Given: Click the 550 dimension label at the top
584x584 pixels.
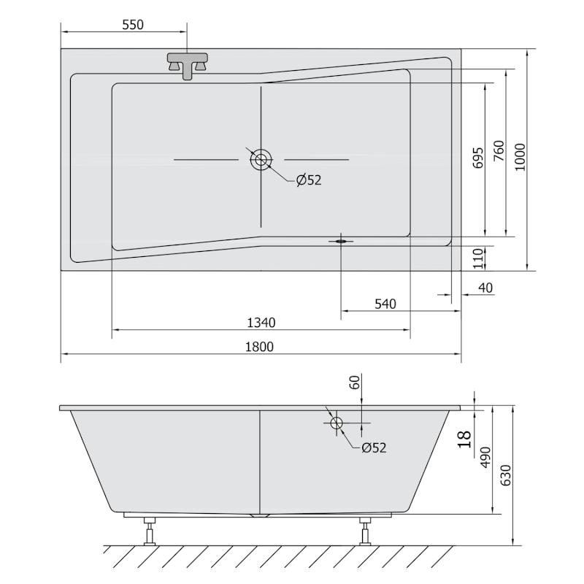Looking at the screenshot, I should point(131,24).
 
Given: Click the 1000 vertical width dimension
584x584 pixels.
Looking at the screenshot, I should point(519,156).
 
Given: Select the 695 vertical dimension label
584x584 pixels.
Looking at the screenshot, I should point(478,158).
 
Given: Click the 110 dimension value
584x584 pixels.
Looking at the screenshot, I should point(478,258).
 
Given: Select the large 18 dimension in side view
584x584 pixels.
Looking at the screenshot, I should point(464,438).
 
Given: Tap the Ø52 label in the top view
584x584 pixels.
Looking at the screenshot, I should point(308,180).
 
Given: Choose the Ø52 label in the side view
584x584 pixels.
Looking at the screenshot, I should point(373,447).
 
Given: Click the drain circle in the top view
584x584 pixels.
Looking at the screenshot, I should point(261,159).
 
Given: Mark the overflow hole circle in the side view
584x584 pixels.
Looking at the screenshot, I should point(337,423).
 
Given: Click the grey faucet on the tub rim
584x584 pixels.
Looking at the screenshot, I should point(188,64).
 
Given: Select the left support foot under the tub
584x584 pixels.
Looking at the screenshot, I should point(152,531).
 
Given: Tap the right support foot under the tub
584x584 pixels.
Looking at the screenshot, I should point(364,531).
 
